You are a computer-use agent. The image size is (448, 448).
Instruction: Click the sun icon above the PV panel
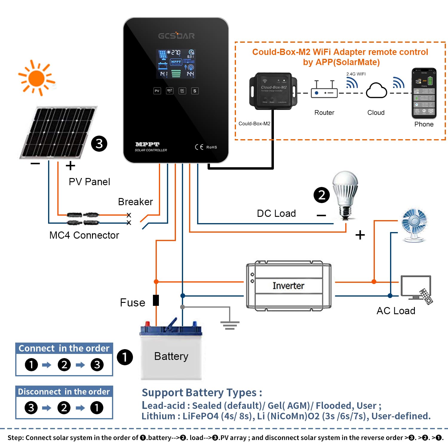tap(37, 78)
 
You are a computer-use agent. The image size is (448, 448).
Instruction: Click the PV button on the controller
tap(157, 91)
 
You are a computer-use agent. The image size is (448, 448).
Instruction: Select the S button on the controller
tap(195, 91)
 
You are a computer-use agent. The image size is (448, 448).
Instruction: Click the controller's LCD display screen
tap(176, 64)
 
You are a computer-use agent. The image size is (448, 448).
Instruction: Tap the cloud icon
tap(376, 90)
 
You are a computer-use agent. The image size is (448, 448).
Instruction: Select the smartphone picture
tap(424, 93)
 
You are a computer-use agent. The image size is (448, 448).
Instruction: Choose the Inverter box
tap(289, 286)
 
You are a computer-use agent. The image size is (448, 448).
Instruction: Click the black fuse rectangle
tap(156, 300)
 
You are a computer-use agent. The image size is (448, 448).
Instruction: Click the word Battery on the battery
tap(171, 356)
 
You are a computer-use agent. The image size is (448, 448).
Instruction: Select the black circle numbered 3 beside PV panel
tap(99, 144)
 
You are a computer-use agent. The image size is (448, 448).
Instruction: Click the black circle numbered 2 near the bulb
tap(322, 195)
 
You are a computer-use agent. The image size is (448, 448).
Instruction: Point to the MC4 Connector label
tap(84, 235)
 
